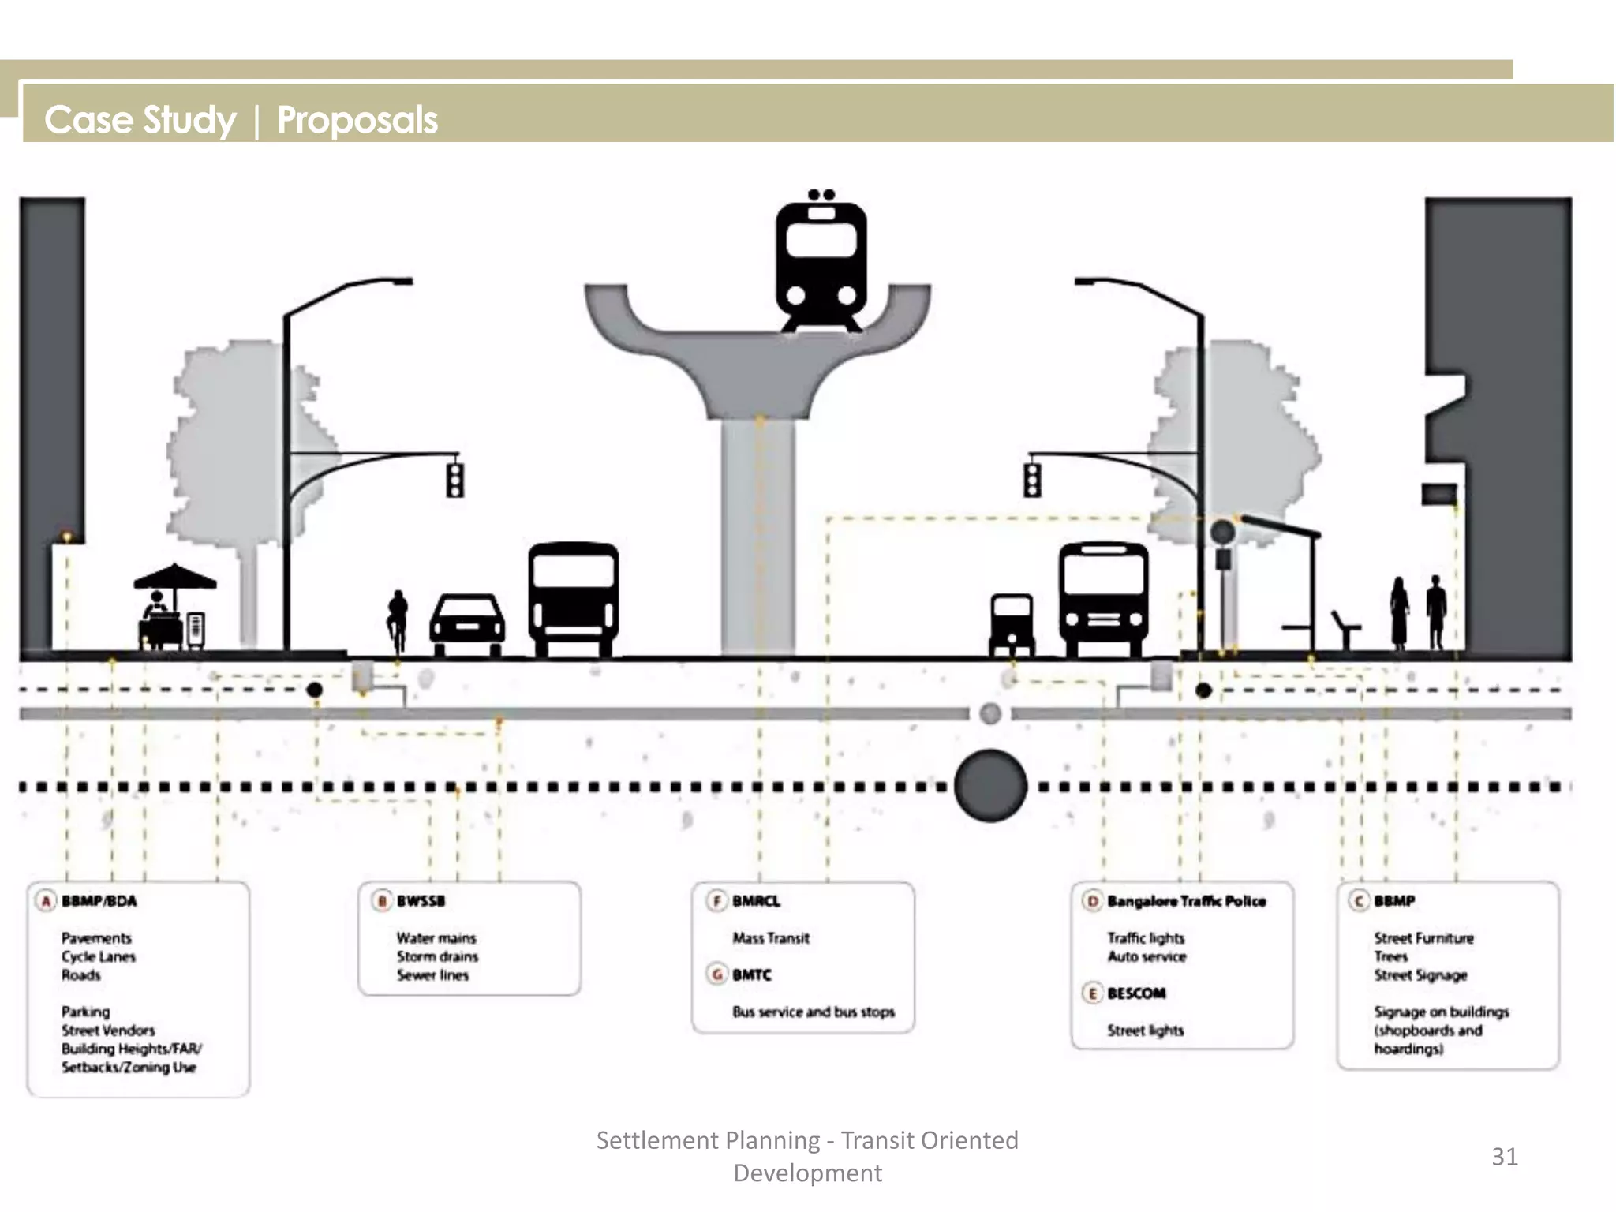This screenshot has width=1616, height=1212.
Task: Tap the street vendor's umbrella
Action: pos(174,577)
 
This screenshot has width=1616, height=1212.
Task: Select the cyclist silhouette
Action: pos(398,620)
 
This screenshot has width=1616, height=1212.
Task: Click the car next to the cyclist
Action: pos(467,626)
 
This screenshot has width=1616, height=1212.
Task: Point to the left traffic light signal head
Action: pos(455,480)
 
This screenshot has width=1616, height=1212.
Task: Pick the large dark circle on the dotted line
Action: pos(990,786)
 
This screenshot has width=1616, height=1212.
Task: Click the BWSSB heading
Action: pos(421,901)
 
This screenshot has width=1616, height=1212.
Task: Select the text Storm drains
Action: pos(437,956)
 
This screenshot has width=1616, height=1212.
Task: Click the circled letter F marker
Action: pos(716,901)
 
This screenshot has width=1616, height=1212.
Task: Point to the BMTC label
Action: pos(751,975)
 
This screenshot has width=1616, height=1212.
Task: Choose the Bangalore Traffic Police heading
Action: pos(1186,901)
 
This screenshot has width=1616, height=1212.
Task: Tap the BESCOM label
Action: pos(1136,993)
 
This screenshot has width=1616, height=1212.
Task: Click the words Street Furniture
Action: pos(1423,938)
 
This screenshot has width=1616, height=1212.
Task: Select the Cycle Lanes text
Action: pos(99,956)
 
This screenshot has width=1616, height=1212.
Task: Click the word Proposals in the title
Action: pos(357,120)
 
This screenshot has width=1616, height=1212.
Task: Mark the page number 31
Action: pos(1504,1156)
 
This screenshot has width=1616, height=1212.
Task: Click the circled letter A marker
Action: pos(46,901)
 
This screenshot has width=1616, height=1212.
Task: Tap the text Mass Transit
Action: pos(771,938)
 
